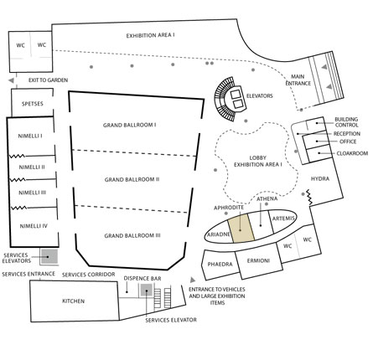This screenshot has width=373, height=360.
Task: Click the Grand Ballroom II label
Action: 132,179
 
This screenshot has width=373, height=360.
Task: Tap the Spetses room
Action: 32,102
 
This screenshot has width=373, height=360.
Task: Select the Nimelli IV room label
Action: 34,226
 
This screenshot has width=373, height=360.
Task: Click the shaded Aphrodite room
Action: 241,227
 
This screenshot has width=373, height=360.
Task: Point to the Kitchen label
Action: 73,301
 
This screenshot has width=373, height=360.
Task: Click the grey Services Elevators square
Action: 49,256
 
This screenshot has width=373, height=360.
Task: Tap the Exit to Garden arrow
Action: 11,80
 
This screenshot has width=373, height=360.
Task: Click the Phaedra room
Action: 220,265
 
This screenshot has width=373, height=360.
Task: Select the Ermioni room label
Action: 258,261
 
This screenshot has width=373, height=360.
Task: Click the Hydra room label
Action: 320,178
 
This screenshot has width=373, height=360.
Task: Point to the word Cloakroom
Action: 352,153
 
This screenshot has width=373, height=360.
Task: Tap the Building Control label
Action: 346,122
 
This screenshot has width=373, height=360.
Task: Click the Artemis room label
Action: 283,219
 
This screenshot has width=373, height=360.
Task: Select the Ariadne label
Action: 219,234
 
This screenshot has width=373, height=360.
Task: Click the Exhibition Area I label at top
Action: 150,35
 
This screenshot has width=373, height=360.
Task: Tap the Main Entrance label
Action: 298,80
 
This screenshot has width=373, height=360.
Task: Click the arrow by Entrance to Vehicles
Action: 193,280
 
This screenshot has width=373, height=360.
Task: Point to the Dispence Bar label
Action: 142,278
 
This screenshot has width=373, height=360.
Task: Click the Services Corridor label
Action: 88,275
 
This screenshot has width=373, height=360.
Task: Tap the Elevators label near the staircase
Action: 259,96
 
